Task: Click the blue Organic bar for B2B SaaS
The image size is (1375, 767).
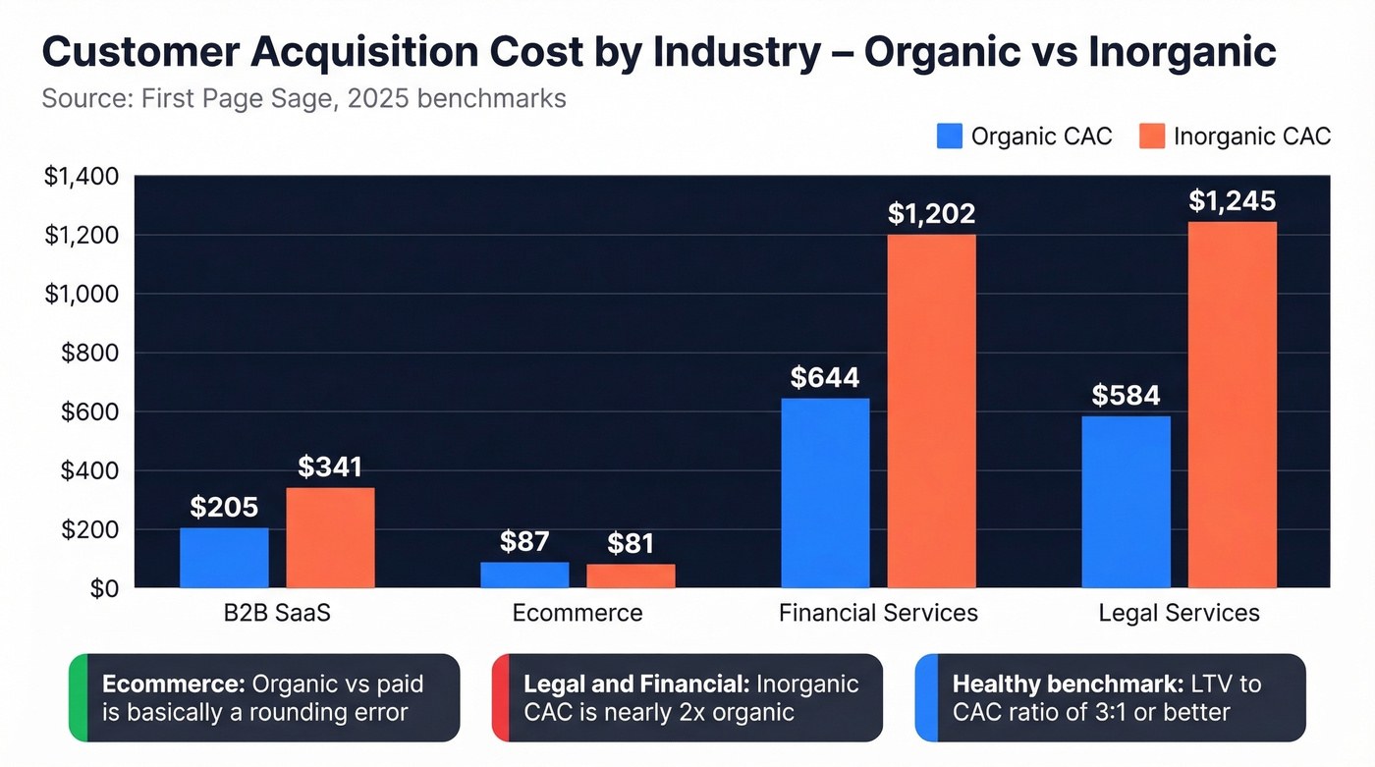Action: coord(224,558)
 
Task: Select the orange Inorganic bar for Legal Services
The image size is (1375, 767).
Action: coord(1233,405)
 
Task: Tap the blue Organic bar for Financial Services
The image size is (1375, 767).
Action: coord(825,493)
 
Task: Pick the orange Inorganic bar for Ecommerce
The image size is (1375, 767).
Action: coord(631,576)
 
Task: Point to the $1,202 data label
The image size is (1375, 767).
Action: coord(932,213)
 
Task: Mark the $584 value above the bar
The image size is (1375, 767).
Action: coord(1126,395)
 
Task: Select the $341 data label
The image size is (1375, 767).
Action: coord(330,467)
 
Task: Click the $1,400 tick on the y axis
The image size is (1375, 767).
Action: coord(82,177)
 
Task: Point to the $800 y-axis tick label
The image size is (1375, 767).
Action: coord(89,354)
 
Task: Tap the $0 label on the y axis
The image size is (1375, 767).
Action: coord(102,589)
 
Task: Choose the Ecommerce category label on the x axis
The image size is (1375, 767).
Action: coord(577,614)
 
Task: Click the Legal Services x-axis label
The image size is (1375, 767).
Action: coord(1179,614)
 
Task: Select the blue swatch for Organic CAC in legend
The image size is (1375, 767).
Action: coord(950,137)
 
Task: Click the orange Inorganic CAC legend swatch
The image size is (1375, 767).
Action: coord(1151,137)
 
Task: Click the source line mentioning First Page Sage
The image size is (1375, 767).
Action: coord(303,99)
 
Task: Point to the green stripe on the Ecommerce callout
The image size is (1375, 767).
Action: coord(78,697)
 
